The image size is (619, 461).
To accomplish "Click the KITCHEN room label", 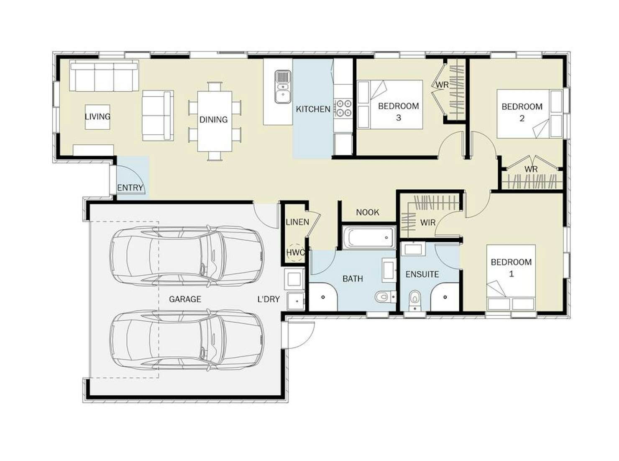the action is point(313,109).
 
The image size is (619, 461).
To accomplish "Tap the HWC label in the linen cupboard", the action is point(296,252).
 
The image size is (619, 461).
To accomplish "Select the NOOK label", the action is point(368,212).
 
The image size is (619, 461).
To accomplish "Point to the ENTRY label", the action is point(130,188).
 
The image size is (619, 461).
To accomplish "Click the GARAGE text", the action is point(185,299).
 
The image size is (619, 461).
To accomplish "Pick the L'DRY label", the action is point(269,299).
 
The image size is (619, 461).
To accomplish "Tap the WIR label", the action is point(428,223).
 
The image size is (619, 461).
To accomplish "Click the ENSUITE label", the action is point(422,274).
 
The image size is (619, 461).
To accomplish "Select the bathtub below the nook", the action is point(369,237).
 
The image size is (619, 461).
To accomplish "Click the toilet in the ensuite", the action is point(415,301).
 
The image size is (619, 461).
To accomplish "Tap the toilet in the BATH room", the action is point(385,296).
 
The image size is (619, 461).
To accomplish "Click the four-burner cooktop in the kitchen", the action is point(343,108).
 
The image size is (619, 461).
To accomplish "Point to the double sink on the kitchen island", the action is point(283,87).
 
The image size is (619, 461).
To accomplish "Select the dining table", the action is point(215,121).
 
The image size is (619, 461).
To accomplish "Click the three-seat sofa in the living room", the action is point(104,75).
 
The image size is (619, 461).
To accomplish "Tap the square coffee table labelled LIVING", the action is point(97,117).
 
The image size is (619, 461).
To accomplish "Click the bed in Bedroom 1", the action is point(511,278).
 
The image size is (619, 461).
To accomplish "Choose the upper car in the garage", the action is point(187,256).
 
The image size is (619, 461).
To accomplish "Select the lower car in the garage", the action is point(187,340).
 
